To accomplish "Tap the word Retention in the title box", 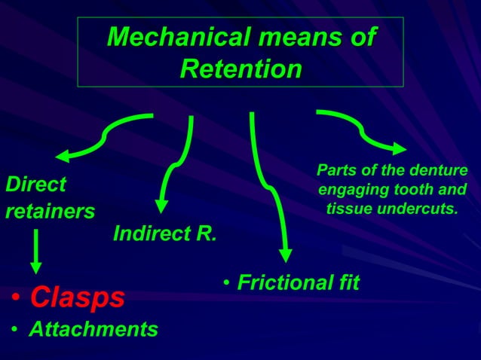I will pos(241,69).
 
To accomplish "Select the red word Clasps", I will pos(77,297).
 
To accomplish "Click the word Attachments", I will pos(93,329).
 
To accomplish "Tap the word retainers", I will pos(51,211).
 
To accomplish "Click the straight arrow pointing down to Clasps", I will pos(35,252).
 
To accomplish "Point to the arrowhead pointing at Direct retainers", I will pos(63,156).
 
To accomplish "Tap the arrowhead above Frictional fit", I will pos(285,255).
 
